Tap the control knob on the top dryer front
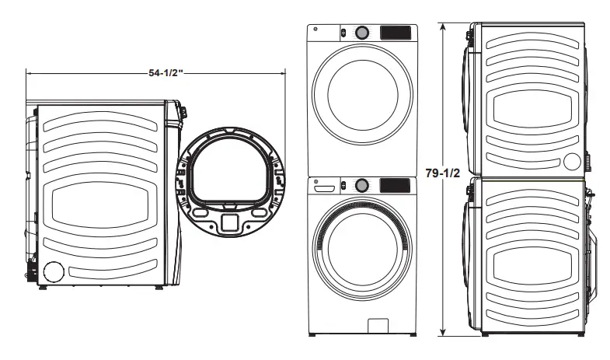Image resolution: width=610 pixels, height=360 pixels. [362, 33]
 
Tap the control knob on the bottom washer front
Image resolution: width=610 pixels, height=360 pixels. [361, 186]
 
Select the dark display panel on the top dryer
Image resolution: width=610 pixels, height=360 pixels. [395, 33]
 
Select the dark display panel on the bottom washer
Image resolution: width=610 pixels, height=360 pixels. [394, 186]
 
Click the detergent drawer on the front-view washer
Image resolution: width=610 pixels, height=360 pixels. [325, 187]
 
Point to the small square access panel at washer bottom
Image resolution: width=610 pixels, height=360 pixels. [378, 324]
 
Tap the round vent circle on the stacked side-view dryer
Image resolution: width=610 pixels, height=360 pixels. [572, 162]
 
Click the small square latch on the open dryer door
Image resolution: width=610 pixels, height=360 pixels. [228, 222]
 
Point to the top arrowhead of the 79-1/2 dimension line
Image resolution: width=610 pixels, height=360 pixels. [443, 26]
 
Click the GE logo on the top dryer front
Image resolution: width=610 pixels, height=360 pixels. [316, 31]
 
